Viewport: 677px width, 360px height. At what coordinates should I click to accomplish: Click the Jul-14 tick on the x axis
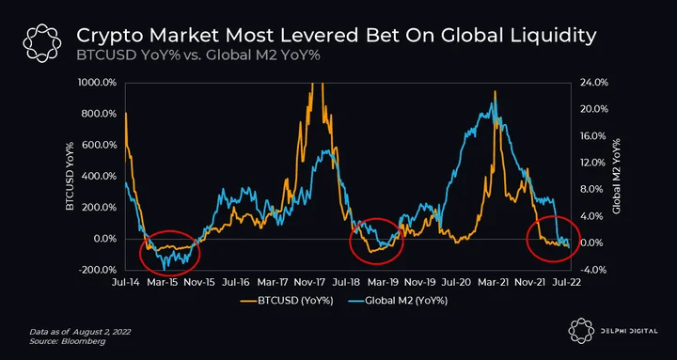(x=125, y=282)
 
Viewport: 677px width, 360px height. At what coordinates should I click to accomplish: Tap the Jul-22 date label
(x=570, y=282)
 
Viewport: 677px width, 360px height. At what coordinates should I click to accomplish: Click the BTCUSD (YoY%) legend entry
(x=287, y=302)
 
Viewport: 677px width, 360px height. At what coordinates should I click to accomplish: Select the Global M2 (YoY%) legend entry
(x=397, y=302)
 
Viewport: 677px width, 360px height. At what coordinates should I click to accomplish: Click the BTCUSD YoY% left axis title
(x=70, y=176)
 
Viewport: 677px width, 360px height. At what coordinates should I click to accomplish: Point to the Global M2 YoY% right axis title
(x=616, y=176)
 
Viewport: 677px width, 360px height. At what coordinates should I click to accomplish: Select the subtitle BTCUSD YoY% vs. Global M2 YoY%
(x=198, y=56)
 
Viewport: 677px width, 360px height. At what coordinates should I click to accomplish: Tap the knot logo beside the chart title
(x=42, y=43)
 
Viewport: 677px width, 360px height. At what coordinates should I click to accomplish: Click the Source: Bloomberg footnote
(x=67, y=341)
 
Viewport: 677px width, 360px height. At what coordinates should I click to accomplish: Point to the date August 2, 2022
(x=102, y=333)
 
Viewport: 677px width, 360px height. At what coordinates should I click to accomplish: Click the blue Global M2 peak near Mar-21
(x=495, y=101)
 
